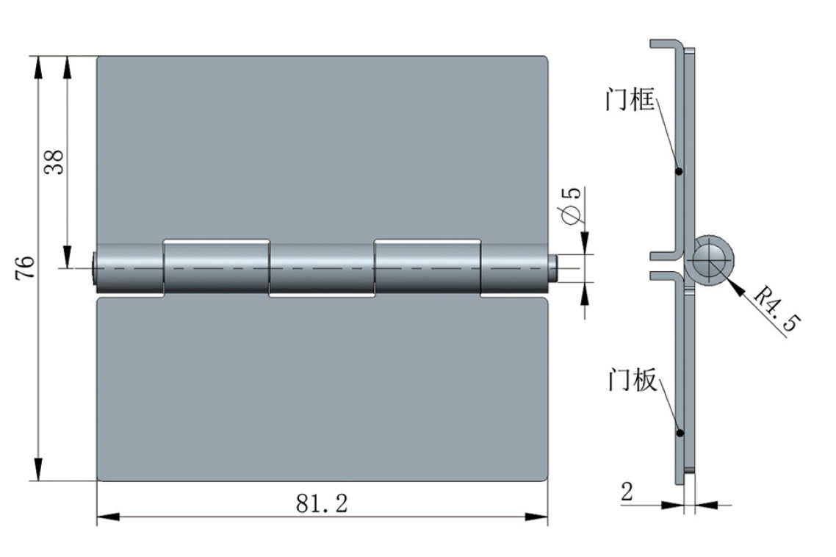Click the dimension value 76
[25, 267]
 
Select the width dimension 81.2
[322, 503]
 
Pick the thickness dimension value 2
[627, 492]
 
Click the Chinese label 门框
[630, 100]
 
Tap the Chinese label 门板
[633, 381]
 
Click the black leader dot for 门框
[679, 171]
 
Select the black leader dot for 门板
[680, 433]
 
